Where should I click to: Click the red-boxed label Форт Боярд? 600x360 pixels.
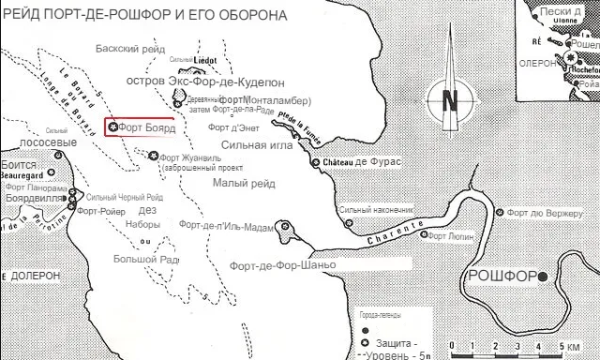(143, 153)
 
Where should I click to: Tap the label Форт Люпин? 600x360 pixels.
(449, 236)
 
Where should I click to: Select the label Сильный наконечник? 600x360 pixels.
(378, 210)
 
